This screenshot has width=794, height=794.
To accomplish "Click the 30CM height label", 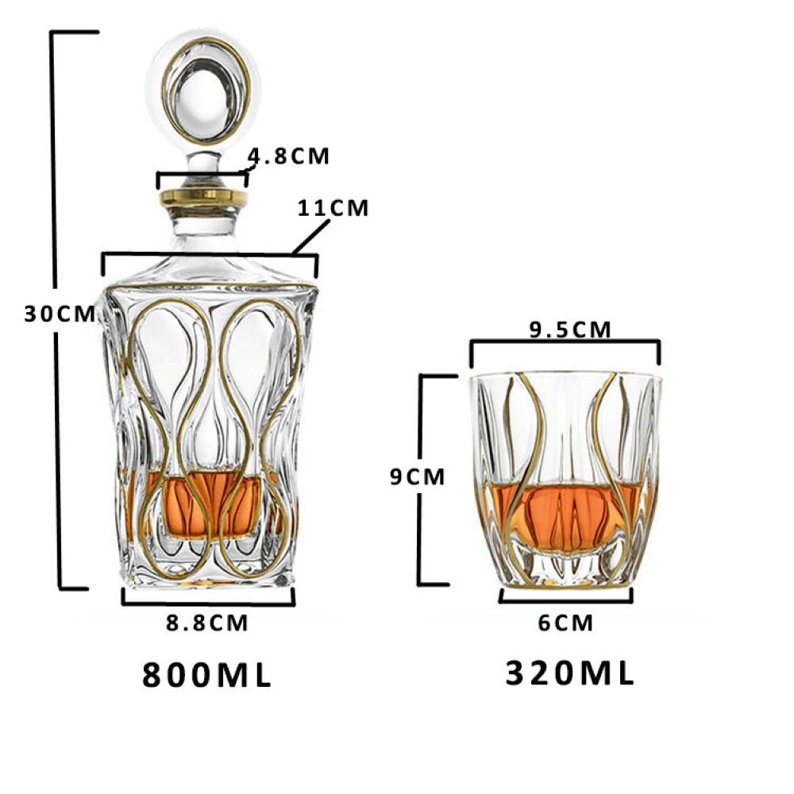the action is click(60, 314).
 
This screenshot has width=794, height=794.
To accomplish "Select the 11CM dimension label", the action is click(333, 208).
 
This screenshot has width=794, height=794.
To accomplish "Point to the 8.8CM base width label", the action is click(207, 622).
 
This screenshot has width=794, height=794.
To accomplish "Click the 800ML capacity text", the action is click(207, 675).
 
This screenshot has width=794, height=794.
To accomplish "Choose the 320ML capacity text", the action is click(570, 673).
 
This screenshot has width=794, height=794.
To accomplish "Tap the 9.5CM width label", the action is click(570, 330).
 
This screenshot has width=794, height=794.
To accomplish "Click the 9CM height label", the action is click(418, 476).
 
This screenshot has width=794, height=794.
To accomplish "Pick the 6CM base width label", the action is click(565, 622).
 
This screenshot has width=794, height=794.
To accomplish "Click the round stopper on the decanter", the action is click(205, 91).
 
